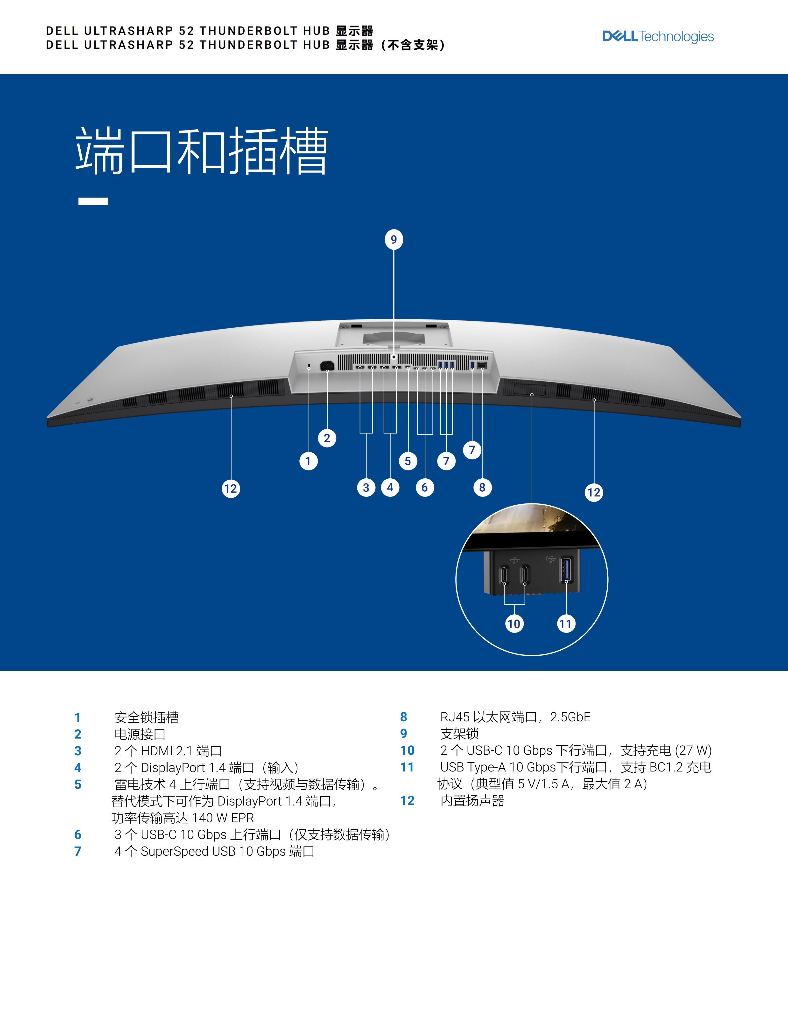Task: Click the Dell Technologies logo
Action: point(658,36)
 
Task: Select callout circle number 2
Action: point(327,438)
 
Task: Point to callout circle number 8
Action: point(482,488)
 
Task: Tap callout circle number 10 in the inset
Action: point(514,624)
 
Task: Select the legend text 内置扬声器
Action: point(472,801)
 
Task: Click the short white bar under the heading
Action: point(93,201)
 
